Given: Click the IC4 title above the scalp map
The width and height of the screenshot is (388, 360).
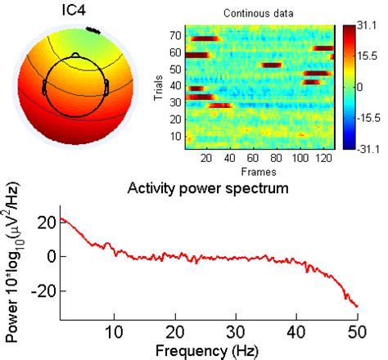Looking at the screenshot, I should [76, 12].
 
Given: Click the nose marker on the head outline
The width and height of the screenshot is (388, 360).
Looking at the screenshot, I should [75, 55].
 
